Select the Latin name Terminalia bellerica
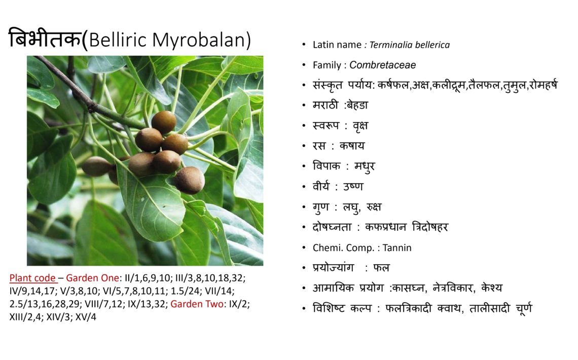coord(410,45)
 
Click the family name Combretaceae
coord(383,65)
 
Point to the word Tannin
coord(397,247)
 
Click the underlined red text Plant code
coord(32,278)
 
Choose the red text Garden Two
coord(197,304)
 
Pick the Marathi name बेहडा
coord(357,105)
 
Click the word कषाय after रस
coord(352,146)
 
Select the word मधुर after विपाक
coord(365,166)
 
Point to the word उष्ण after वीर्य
coord(353,187)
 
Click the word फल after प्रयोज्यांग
coord(381,268)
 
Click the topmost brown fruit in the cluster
coord(164,122)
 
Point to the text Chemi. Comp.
coord(344,247)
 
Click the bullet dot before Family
coord(304,65)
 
